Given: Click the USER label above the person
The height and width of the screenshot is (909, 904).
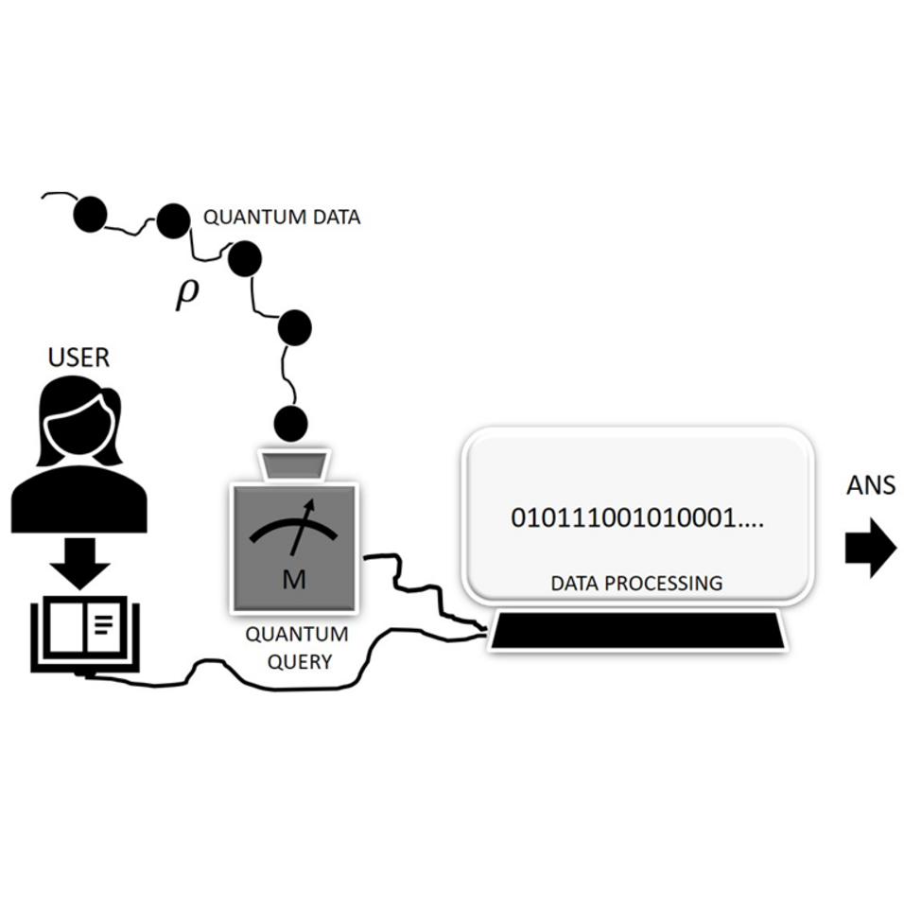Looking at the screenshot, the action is point(78,358).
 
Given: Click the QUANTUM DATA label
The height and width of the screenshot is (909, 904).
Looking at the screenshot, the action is point(282,217).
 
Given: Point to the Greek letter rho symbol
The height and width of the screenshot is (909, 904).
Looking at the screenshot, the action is point(187,294).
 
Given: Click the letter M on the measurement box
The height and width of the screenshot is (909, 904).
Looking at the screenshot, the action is point(294,579).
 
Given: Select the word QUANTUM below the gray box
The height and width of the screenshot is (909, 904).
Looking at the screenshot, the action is point(297,634).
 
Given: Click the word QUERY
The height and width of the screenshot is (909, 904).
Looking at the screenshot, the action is point(300,661).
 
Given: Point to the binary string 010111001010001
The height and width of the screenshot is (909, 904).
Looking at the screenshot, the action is point(636,517).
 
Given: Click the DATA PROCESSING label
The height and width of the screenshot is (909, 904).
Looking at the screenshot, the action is point(636,583).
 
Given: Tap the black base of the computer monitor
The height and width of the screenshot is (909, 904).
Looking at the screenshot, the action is point(637,630).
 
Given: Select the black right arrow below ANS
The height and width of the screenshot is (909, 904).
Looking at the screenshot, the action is point(870,549).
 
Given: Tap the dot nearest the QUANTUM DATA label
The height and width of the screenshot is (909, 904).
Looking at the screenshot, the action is point(173,221).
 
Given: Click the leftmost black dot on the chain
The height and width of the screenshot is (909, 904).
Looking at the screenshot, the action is point(90,215).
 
